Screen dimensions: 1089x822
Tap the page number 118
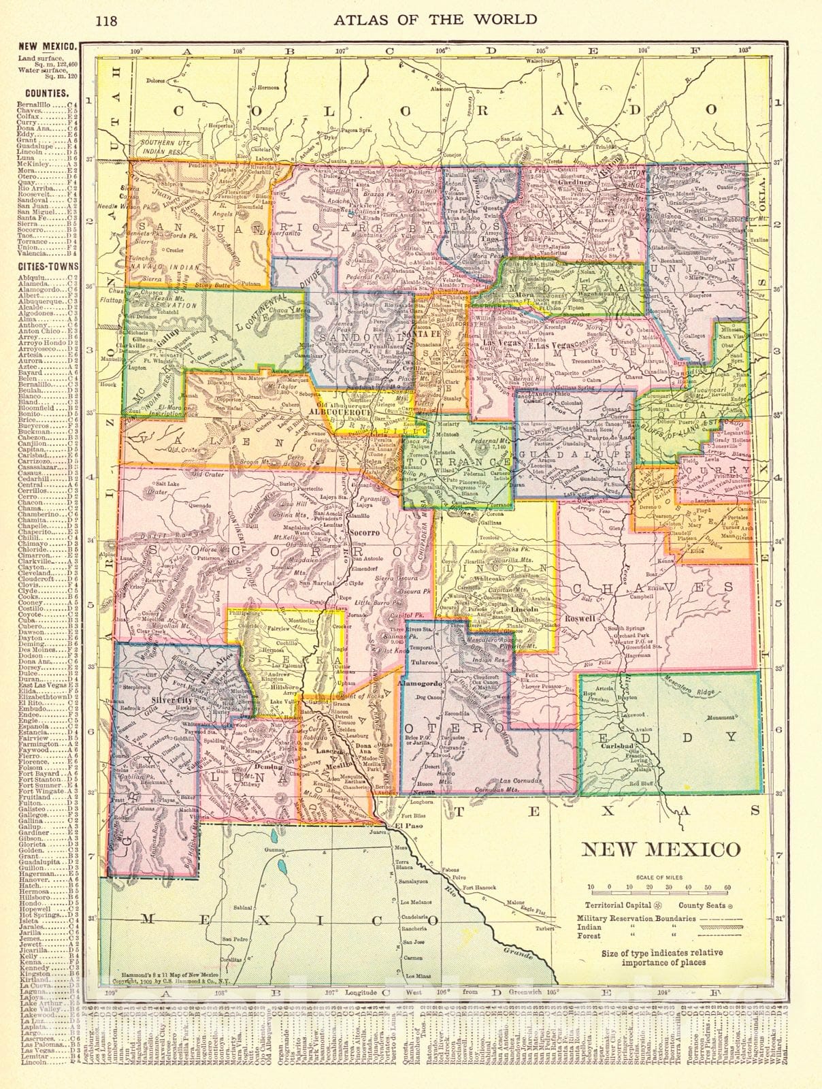click(106, 20)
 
